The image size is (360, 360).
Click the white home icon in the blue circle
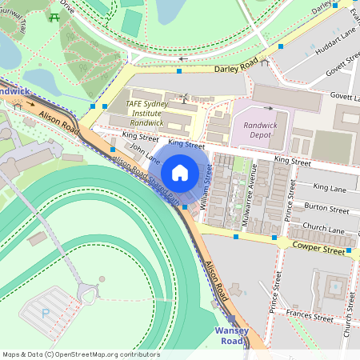[x=180, y=173]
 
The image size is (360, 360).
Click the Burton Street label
[x=327, y=207]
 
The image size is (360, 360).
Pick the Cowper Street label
[x=318, y=248]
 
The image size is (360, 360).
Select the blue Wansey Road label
[x=231, y=336]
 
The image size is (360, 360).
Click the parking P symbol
[x=46, y=314]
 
